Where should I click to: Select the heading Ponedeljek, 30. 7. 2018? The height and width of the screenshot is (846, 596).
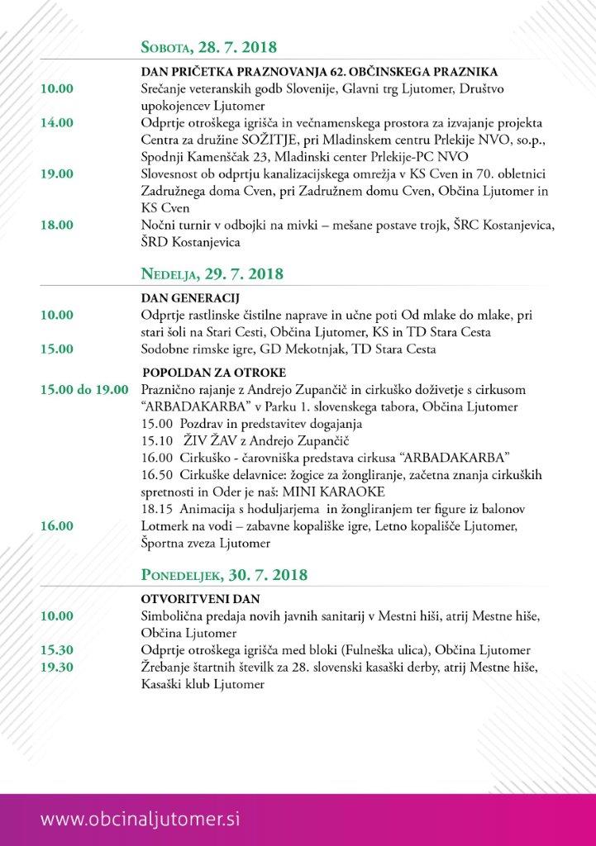pyautogui.click(x=225, y=573)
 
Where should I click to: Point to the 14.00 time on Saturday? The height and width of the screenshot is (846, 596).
pyautogui.click(x=56, y=122)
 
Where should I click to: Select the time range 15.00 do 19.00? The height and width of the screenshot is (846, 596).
pyautogui.click(x=83, y=388)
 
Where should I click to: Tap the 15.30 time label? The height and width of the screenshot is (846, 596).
pyautogui.click(x=56, y=650)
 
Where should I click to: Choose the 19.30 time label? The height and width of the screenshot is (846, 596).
pyautogui.click(x=56, y=667)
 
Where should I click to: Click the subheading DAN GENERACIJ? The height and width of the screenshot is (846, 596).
pyautogui.click(x=186, y=298)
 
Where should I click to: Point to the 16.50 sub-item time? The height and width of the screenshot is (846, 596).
pyautogui.click(x=157, y=475)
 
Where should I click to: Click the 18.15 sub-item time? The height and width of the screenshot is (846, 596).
pyautogui.click(x=157, y=508)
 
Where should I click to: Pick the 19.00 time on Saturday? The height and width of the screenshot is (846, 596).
pyautogui.click(x=56, y=175)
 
